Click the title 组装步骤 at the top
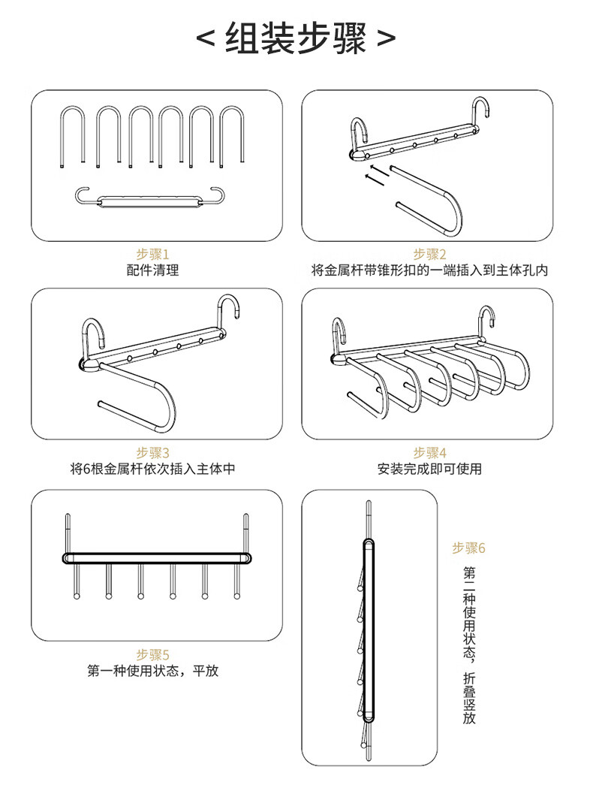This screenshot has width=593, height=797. coord(296,38)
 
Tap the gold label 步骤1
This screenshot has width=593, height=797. coord(152,254)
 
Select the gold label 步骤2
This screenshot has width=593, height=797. coord(429,254)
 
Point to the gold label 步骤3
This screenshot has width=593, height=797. coord(152,452)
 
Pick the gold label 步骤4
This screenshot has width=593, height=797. coord(429,452)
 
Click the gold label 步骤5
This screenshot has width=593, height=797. coord(152,654)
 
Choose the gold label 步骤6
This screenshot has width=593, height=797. coord(468,548)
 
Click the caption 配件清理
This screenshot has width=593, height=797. coord(152,270)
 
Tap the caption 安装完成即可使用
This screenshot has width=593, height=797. coord(429,469)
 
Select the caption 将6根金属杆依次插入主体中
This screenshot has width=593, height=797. coord(152,469)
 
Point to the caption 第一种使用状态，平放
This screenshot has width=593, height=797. coord(152,671)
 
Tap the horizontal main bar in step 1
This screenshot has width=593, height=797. coord(151,201)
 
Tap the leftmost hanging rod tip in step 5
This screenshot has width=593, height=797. coord(77,595)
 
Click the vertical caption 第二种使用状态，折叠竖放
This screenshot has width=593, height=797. coord(469,645)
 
